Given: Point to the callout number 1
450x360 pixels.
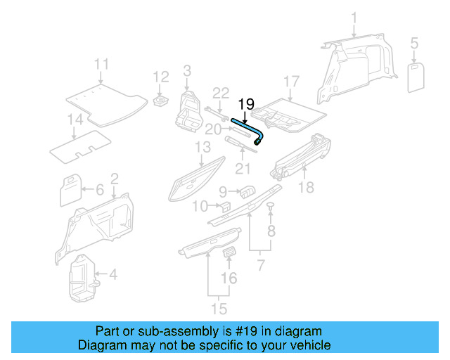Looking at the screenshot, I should (x=354, y=18).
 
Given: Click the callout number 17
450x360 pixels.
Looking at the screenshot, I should (x=291, y=81).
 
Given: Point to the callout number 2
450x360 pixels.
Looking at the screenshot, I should (x=114, y=179).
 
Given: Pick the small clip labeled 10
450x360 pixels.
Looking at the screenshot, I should (x=226, y=206).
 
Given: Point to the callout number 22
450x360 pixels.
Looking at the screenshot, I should (x=221, y=92).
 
